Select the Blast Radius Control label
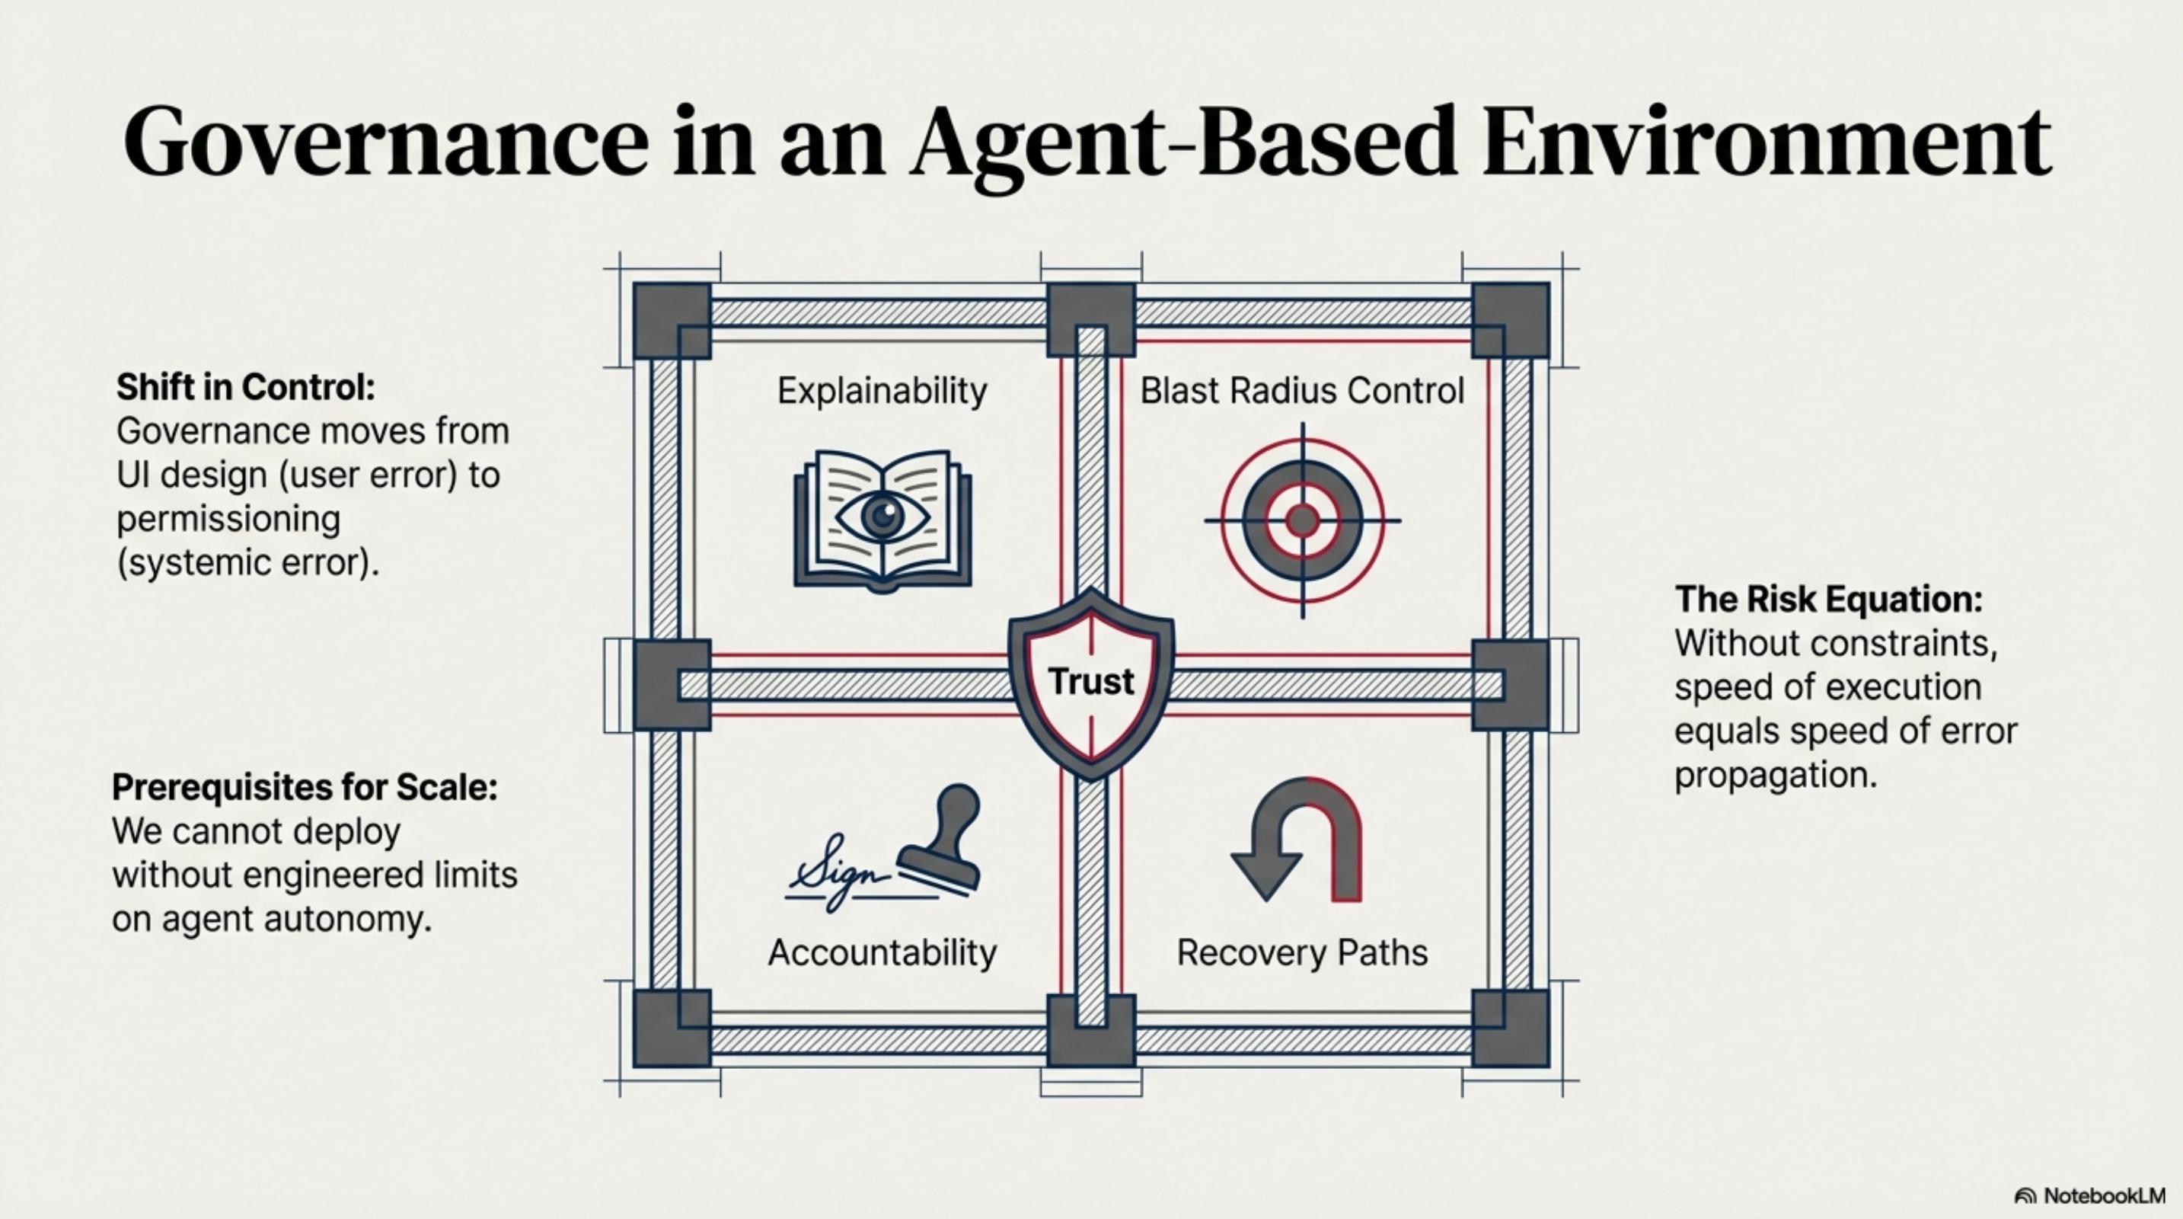(1302, 391)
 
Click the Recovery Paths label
(1302, 953)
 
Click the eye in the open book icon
(883, 514)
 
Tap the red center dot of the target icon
(1302, 520)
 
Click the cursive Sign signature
(835, 873)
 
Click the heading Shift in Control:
(246, 387)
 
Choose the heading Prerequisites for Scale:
(305, 788)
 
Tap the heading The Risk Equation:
(1829, 600)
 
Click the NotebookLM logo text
(2103, 1196)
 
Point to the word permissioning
(228, 519)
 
